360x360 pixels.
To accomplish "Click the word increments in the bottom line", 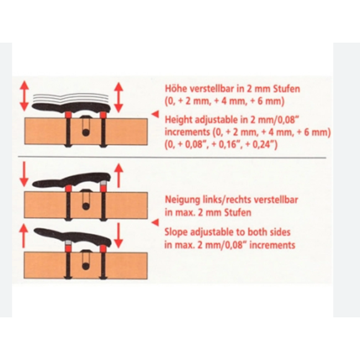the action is click(x=272, y=245).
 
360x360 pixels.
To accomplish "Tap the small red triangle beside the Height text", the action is click(x=156, y=114).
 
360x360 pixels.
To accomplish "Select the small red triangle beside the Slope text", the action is click(x=156, y=222).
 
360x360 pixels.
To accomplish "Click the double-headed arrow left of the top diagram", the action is click(x=24, y=96).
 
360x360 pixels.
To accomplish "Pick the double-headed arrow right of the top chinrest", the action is click(x=119, y=97).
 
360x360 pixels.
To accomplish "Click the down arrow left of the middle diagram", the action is click(x=24, y=174).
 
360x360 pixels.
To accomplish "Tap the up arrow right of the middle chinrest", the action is click(x=119, y=176).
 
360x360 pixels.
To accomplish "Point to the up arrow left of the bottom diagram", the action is click(x=23, y=236).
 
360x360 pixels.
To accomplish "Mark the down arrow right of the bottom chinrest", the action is click(x=118, y=236).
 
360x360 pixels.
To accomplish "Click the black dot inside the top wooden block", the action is click(x=86, y=132).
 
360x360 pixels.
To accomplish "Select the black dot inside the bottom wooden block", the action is click(x=86, y=266).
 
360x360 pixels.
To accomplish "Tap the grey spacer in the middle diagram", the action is click(x=104, y=183).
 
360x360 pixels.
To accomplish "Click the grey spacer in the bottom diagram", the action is click(x=68, y=243).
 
